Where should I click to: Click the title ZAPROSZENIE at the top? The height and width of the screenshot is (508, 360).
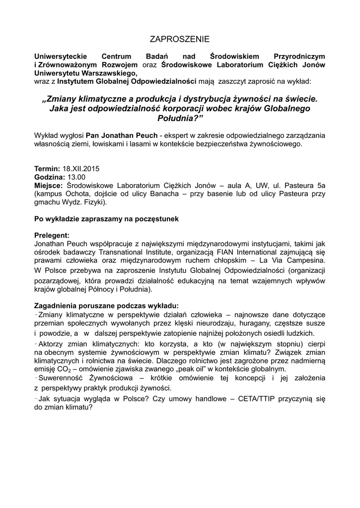point(180,39)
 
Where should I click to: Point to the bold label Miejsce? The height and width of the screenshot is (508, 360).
point(49,185)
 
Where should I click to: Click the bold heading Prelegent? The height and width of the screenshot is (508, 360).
point(52,235)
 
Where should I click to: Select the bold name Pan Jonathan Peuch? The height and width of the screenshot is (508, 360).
point(119,134)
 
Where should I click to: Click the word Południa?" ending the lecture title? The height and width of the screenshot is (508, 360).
point(180,117)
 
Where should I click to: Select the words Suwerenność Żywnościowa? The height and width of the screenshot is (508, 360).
point(81,379)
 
